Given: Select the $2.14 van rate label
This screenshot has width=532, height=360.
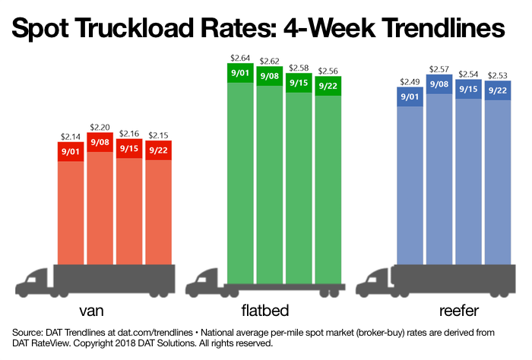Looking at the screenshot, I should pos(71,137).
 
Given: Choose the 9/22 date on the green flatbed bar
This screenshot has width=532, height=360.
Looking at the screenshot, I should pos(328,86).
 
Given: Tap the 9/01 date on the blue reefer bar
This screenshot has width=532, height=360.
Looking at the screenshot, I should pos(410,96).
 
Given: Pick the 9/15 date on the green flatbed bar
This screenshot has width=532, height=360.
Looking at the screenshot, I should pos(299,83).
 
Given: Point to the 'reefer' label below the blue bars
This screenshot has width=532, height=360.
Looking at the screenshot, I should pos(454,312).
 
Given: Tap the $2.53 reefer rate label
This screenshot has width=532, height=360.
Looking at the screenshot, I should pos(499,75).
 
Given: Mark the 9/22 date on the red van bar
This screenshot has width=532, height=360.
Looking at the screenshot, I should pos(159,150).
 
